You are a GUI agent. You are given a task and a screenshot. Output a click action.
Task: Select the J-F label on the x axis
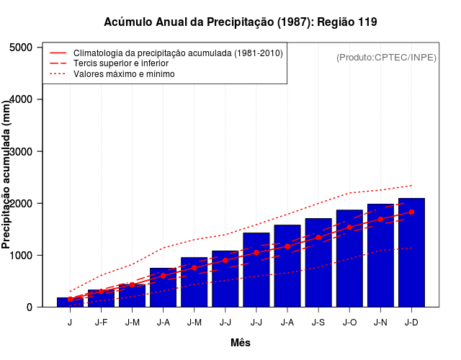point(101,323)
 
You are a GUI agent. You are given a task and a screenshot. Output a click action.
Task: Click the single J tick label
point(70,323)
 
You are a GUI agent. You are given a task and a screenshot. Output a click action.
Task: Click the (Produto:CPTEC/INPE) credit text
point(386,57)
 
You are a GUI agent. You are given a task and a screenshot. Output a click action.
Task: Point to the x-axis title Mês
point(241,343)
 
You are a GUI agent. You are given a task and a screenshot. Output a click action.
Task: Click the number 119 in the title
point(367,22)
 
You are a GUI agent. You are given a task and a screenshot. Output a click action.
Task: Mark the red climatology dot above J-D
point(411,212)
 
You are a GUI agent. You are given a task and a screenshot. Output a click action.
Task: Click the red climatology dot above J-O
point(349,227)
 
